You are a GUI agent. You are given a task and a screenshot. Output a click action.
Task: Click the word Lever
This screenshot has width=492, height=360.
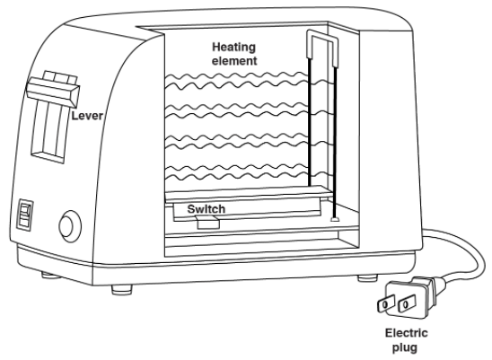87,116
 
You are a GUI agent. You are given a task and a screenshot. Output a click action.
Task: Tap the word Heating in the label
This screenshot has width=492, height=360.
233,47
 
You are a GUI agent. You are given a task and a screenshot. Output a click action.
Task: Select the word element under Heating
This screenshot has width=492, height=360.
234,60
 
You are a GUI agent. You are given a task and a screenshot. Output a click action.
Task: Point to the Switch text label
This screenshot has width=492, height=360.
206,208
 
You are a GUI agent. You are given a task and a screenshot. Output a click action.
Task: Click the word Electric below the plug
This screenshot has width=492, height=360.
407,333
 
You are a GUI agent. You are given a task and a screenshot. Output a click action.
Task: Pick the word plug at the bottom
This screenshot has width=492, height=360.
405,347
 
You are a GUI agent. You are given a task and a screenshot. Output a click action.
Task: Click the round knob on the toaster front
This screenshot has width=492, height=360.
70,226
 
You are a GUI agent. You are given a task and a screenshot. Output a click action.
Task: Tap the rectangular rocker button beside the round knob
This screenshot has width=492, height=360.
25,215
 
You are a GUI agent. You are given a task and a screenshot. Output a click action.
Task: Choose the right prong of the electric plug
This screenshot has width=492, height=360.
407,303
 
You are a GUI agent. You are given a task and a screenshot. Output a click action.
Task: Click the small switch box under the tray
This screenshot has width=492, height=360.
207,223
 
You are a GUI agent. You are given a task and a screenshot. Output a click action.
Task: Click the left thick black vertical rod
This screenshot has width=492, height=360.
310,122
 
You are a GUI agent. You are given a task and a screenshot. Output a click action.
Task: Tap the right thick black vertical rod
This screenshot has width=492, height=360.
335,142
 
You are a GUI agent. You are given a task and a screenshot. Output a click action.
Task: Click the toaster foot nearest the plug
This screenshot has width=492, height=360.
367,278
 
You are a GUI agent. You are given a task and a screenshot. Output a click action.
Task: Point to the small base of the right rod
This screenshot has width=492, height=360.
335,219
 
